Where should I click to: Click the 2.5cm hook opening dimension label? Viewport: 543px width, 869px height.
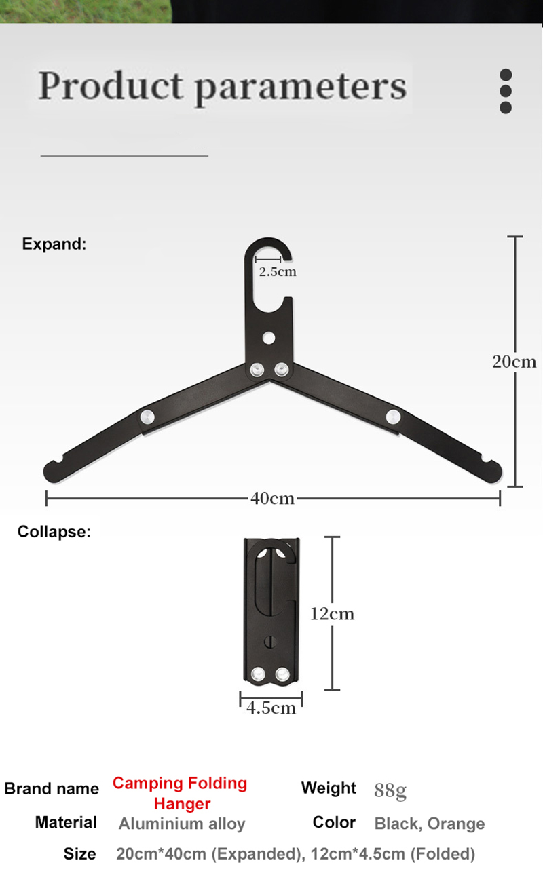(x=278, y=271)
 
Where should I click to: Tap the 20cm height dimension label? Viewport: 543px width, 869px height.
(x=514, y=362)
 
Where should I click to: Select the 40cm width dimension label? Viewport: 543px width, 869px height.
(x=272, y=498)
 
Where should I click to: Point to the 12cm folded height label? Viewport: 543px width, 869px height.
(x=332, y=614)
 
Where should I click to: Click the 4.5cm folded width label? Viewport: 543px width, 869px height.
(x=271, y=708)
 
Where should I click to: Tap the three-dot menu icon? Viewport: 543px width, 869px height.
(x=506, y=91)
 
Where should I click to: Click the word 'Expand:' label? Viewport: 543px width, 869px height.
(x=54, y=244)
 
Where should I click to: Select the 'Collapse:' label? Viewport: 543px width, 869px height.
(x=54, y=531)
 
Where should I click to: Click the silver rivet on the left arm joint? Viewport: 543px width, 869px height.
(x=147, y=417)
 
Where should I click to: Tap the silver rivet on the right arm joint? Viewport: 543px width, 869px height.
(x=393, y=417)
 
